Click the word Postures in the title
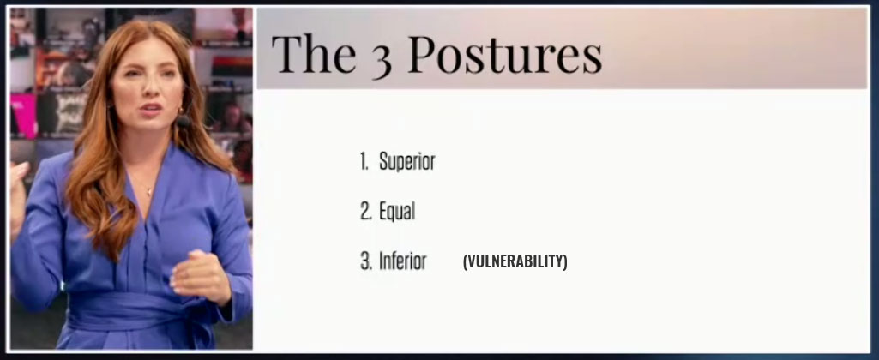pos(504,54)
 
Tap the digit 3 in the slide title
pos(382,58)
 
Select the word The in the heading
pos(314,53)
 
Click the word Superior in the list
pos(407,161)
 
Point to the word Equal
pos(397,212)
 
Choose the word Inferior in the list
pos(402,261)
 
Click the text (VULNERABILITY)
pos(515,261)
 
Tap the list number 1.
pos(364,161)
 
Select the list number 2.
pos(365,212)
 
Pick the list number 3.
pos(365,261)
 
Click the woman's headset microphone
pos(184,121)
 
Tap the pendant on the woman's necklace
pos(149,192)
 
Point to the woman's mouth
pos(150,109)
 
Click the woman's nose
pos(147,90)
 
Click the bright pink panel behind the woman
pos(22,115)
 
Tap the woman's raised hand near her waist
pos(200,277)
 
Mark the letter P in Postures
pos(421,54)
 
